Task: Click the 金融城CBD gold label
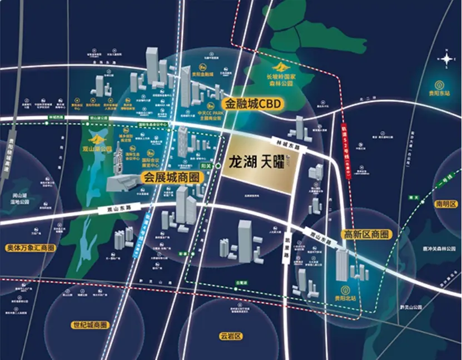[x=254, y=103]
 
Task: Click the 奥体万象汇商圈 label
[x=31, y=247]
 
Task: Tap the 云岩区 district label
[x=230, y=337]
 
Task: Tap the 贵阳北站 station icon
[x=345, y=289]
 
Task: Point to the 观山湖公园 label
[x=97, y=149]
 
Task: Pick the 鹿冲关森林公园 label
[x=443, y=234]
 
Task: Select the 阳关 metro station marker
[x=218, y=166]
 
